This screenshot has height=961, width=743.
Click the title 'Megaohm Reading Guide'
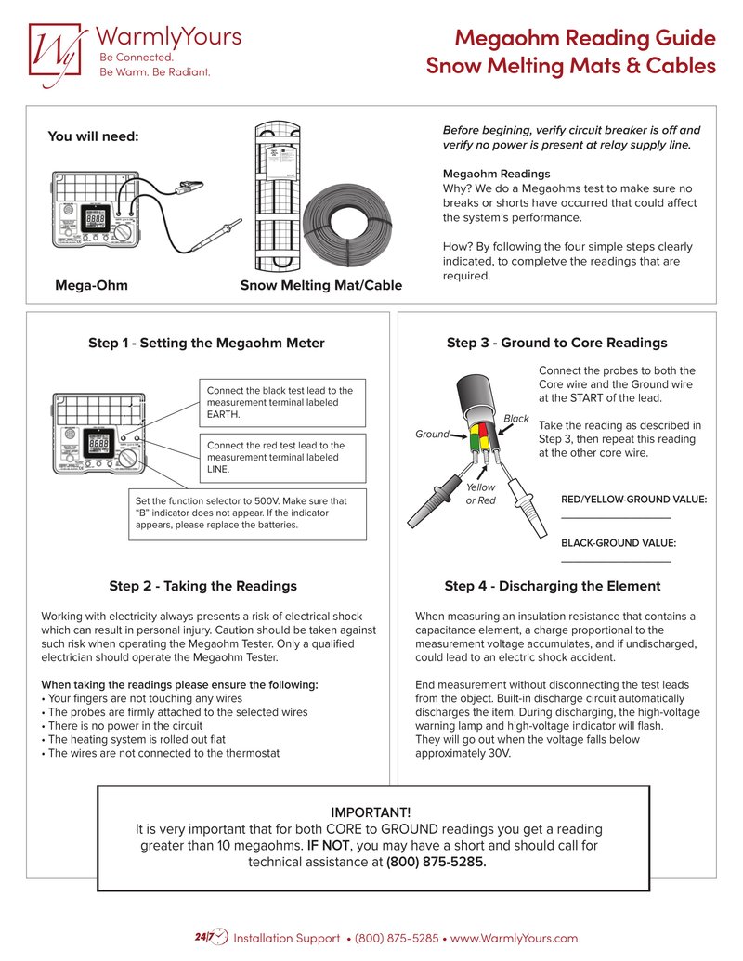point(585,38)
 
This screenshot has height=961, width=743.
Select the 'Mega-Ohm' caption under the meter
point(91,285)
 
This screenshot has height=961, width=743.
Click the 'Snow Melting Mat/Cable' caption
point(320,285)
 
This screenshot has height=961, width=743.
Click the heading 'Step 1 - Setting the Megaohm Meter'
point(206,343)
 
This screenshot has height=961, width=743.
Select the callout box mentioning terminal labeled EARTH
point(282,403)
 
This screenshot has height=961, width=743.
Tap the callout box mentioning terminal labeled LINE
point(282,458)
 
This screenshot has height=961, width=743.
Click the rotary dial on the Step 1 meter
point(130,458)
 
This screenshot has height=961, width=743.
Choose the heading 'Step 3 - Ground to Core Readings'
point(556,343)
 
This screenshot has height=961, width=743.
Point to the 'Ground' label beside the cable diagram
point(432,435)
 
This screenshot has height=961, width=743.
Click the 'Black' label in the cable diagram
point(515,419)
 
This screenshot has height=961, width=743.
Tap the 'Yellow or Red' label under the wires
point(480,494)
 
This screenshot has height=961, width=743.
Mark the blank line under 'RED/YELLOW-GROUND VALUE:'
point(615,518)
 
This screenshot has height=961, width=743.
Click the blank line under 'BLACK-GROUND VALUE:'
point(615,561)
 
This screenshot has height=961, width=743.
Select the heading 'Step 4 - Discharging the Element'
point(552,586)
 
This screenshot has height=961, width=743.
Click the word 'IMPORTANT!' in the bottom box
point(371,812)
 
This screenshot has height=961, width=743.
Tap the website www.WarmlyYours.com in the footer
point(514,938)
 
